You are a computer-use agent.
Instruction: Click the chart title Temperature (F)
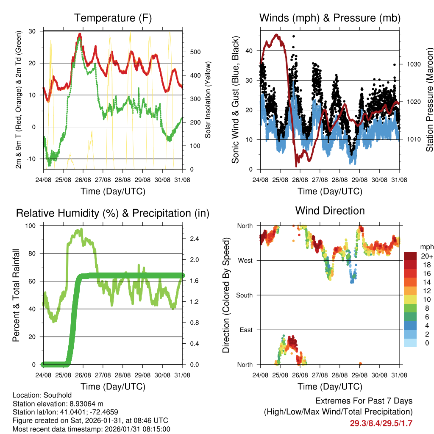(112, 18)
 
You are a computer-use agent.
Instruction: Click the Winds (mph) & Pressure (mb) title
(330, 18)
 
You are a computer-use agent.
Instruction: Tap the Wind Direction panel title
(330, 211)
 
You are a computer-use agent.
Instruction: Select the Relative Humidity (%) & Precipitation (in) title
(112, 213)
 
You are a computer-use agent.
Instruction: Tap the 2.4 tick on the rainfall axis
(195, 239)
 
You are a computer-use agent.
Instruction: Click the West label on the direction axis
(245, 261)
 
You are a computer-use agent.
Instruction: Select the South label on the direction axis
(245, 295)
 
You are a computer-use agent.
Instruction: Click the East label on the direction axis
(246, 330)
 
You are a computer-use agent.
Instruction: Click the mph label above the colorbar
(426, 247)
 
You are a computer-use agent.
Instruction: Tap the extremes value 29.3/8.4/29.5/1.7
(381, 423)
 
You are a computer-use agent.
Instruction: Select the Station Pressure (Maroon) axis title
(429, 100)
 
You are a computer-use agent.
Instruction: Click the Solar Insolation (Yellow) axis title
(208, 100)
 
